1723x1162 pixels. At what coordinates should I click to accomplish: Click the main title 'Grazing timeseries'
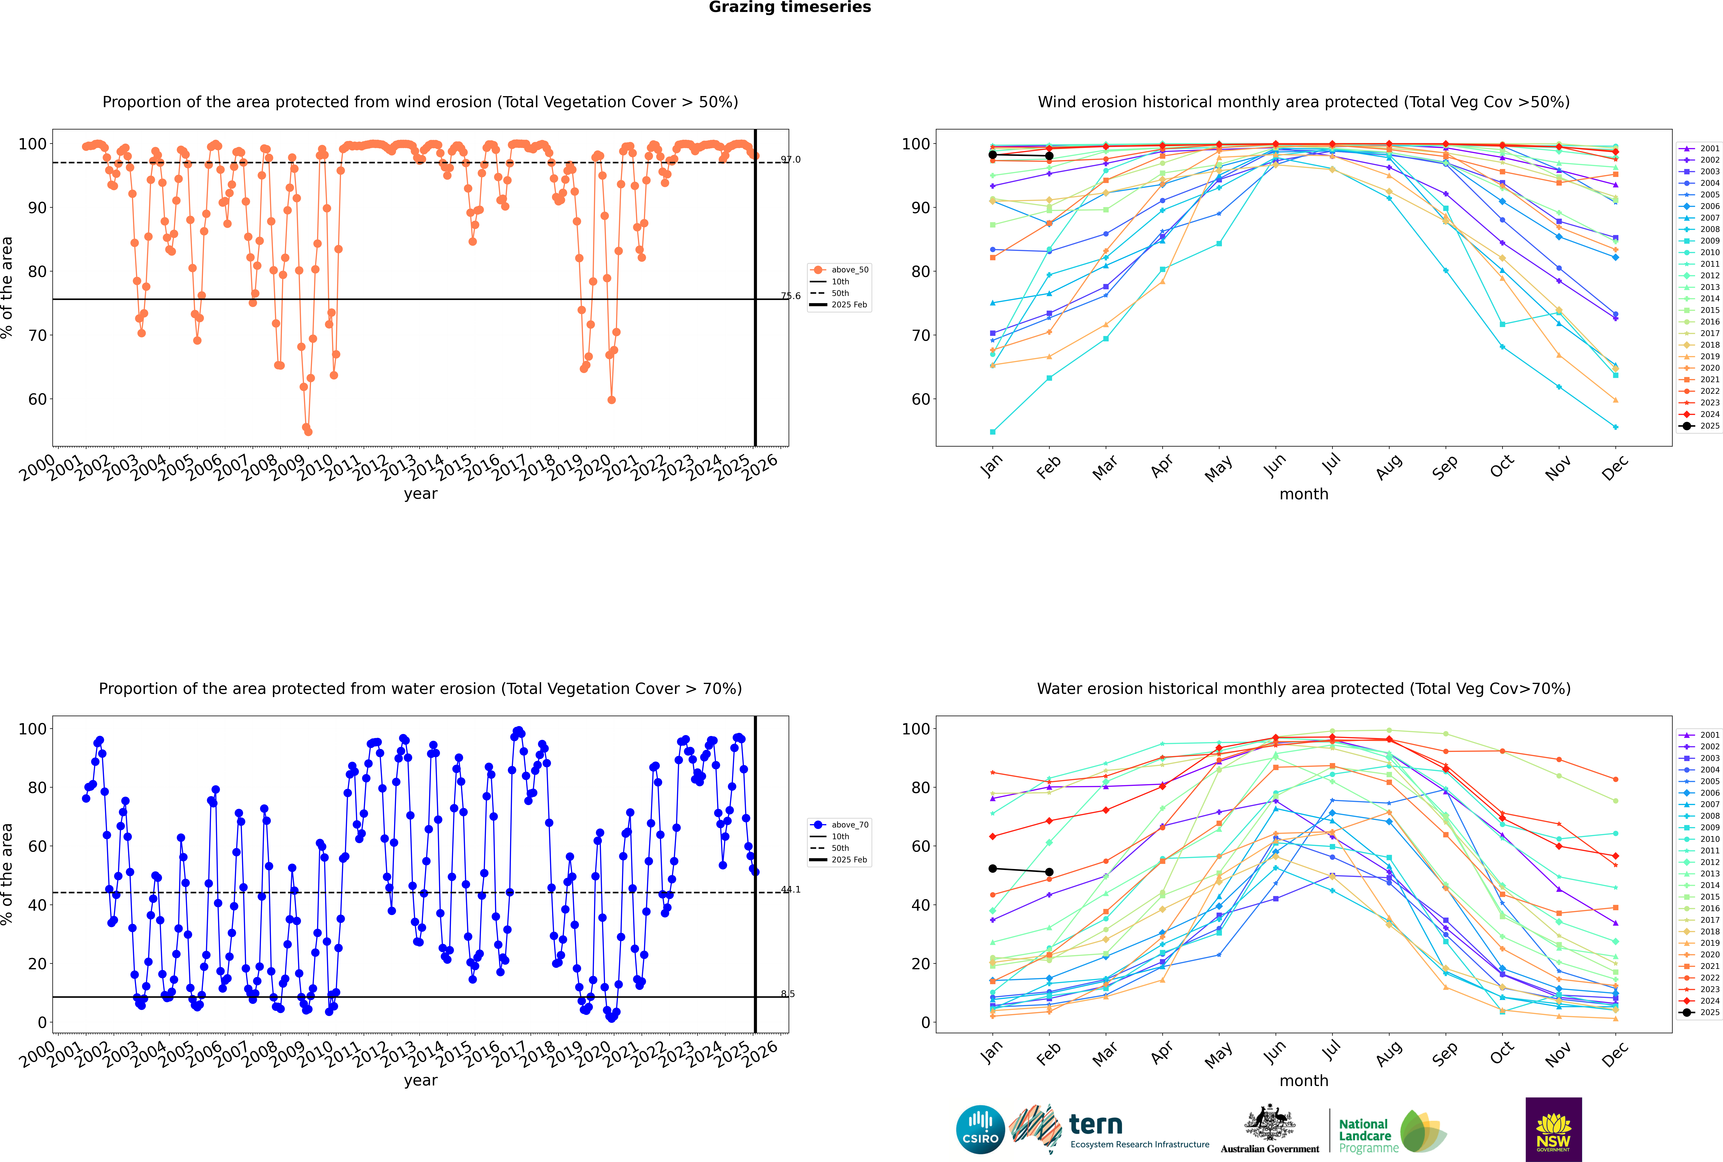coord(790,7)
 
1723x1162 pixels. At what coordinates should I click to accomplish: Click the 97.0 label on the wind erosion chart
coord(790,159)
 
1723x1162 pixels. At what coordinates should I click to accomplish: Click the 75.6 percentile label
coord(790,296)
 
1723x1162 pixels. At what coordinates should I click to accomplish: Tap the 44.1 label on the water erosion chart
coord(790,889)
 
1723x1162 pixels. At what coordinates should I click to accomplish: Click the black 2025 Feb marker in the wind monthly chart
coord(1049,156)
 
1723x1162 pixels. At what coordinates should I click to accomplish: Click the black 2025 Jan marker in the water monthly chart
coord(993,868)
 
